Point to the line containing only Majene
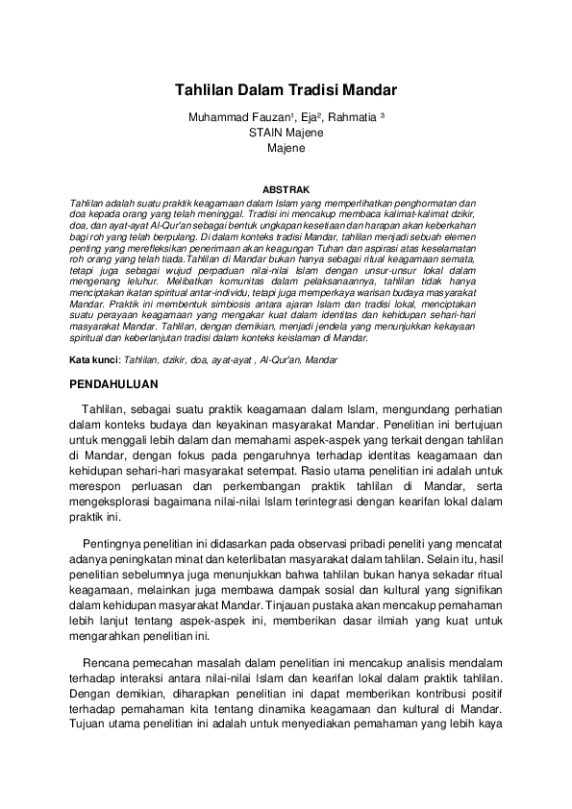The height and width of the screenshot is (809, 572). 286,148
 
